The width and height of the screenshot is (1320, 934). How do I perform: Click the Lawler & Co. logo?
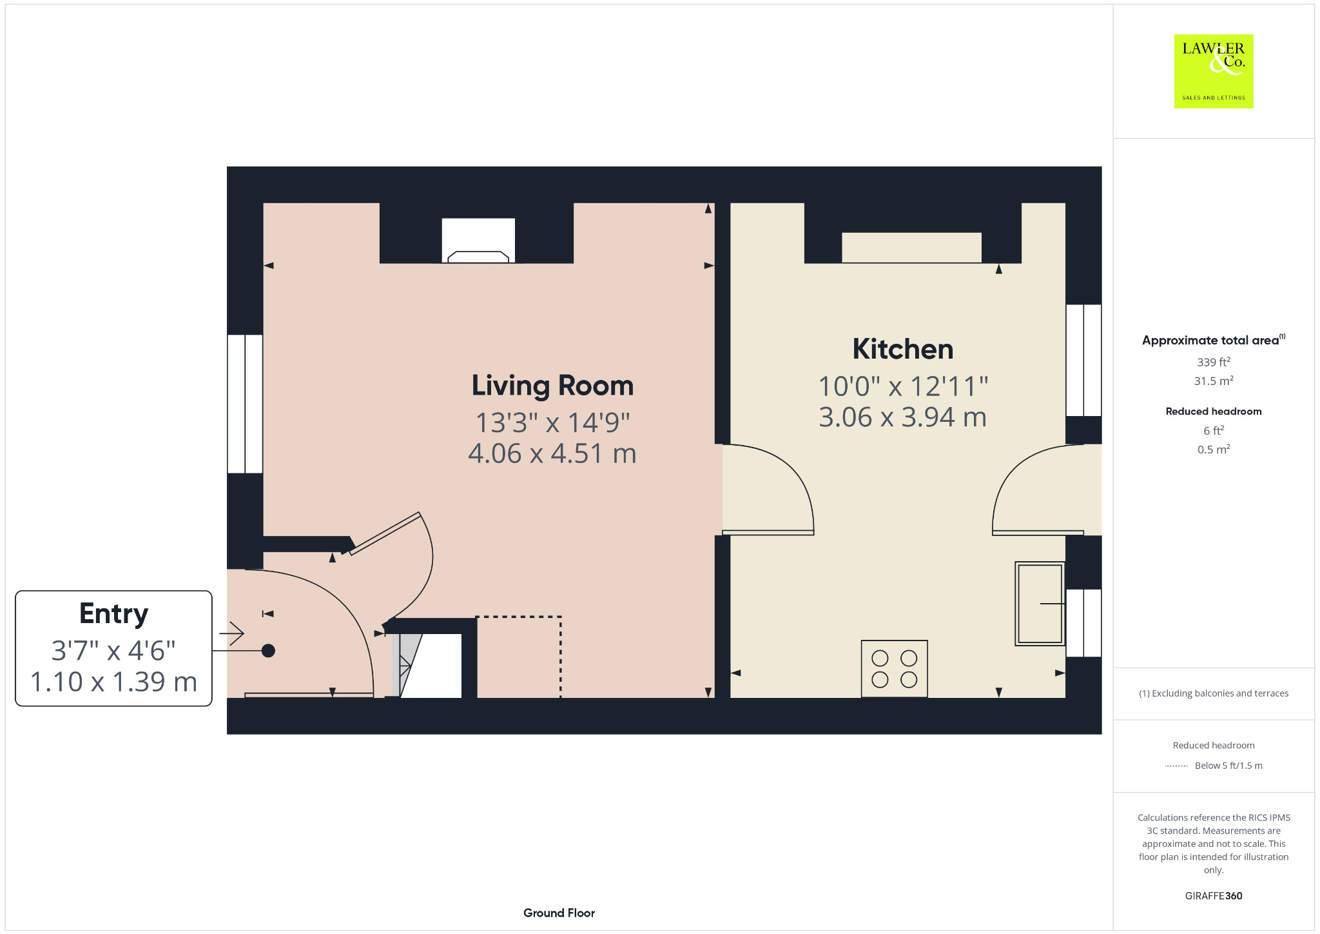pyautogui.click(x=1213, y=71)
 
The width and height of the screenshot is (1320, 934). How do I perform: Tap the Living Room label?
pyautogui.click(x=552, y=386)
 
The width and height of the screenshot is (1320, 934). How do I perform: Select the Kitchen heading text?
pyautogui.click(x=902, y=349)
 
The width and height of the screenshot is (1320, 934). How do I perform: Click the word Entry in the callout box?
pyautogui.click(x=113, y=613)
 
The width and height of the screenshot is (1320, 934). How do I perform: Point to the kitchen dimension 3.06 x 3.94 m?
pyautogui.click(x=902, y=417)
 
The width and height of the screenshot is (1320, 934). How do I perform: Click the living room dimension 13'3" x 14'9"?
pyautogui.click(x=552, y=423)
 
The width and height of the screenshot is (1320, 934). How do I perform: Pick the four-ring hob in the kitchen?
pyautogui.click(x=894, y=668)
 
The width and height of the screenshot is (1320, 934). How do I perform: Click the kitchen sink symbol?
pyautogui.click(x=1039, y=604)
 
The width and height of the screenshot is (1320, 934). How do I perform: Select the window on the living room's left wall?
pyautogui.click(x=245, y=404)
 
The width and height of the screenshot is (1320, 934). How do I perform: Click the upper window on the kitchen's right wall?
pyautogui.click(x=1083, y=360)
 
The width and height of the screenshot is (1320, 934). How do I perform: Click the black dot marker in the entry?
pyautogui.click(x=268, y=651)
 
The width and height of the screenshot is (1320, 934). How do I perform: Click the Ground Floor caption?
pyautogui.click(x=559, y=913)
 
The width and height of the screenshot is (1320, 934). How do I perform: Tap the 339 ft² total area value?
pyautogui.click(x=1213, y=362)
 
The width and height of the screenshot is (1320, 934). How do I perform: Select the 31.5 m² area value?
pyautogui.click(x=1213, y=381)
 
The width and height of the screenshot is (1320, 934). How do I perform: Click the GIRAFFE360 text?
pyautogui.click(x=1213, y=896)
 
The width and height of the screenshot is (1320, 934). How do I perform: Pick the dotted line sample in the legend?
pyautogui.click(x=1176, y=766)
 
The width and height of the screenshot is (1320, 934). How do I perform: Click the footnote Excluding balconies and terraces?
pyautogui.click(x=1213, y=693)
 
